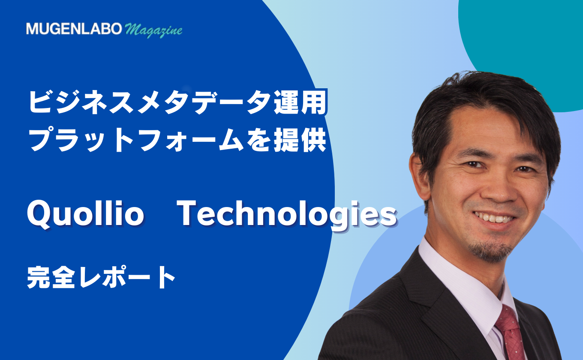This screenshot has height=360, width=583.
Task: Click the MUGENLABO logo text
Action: (74, 29)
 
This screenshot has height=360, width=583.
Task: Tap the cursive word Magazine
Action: (153, 31)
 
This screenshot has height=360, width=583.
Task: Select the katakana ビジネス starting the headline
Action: (81, 102)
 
